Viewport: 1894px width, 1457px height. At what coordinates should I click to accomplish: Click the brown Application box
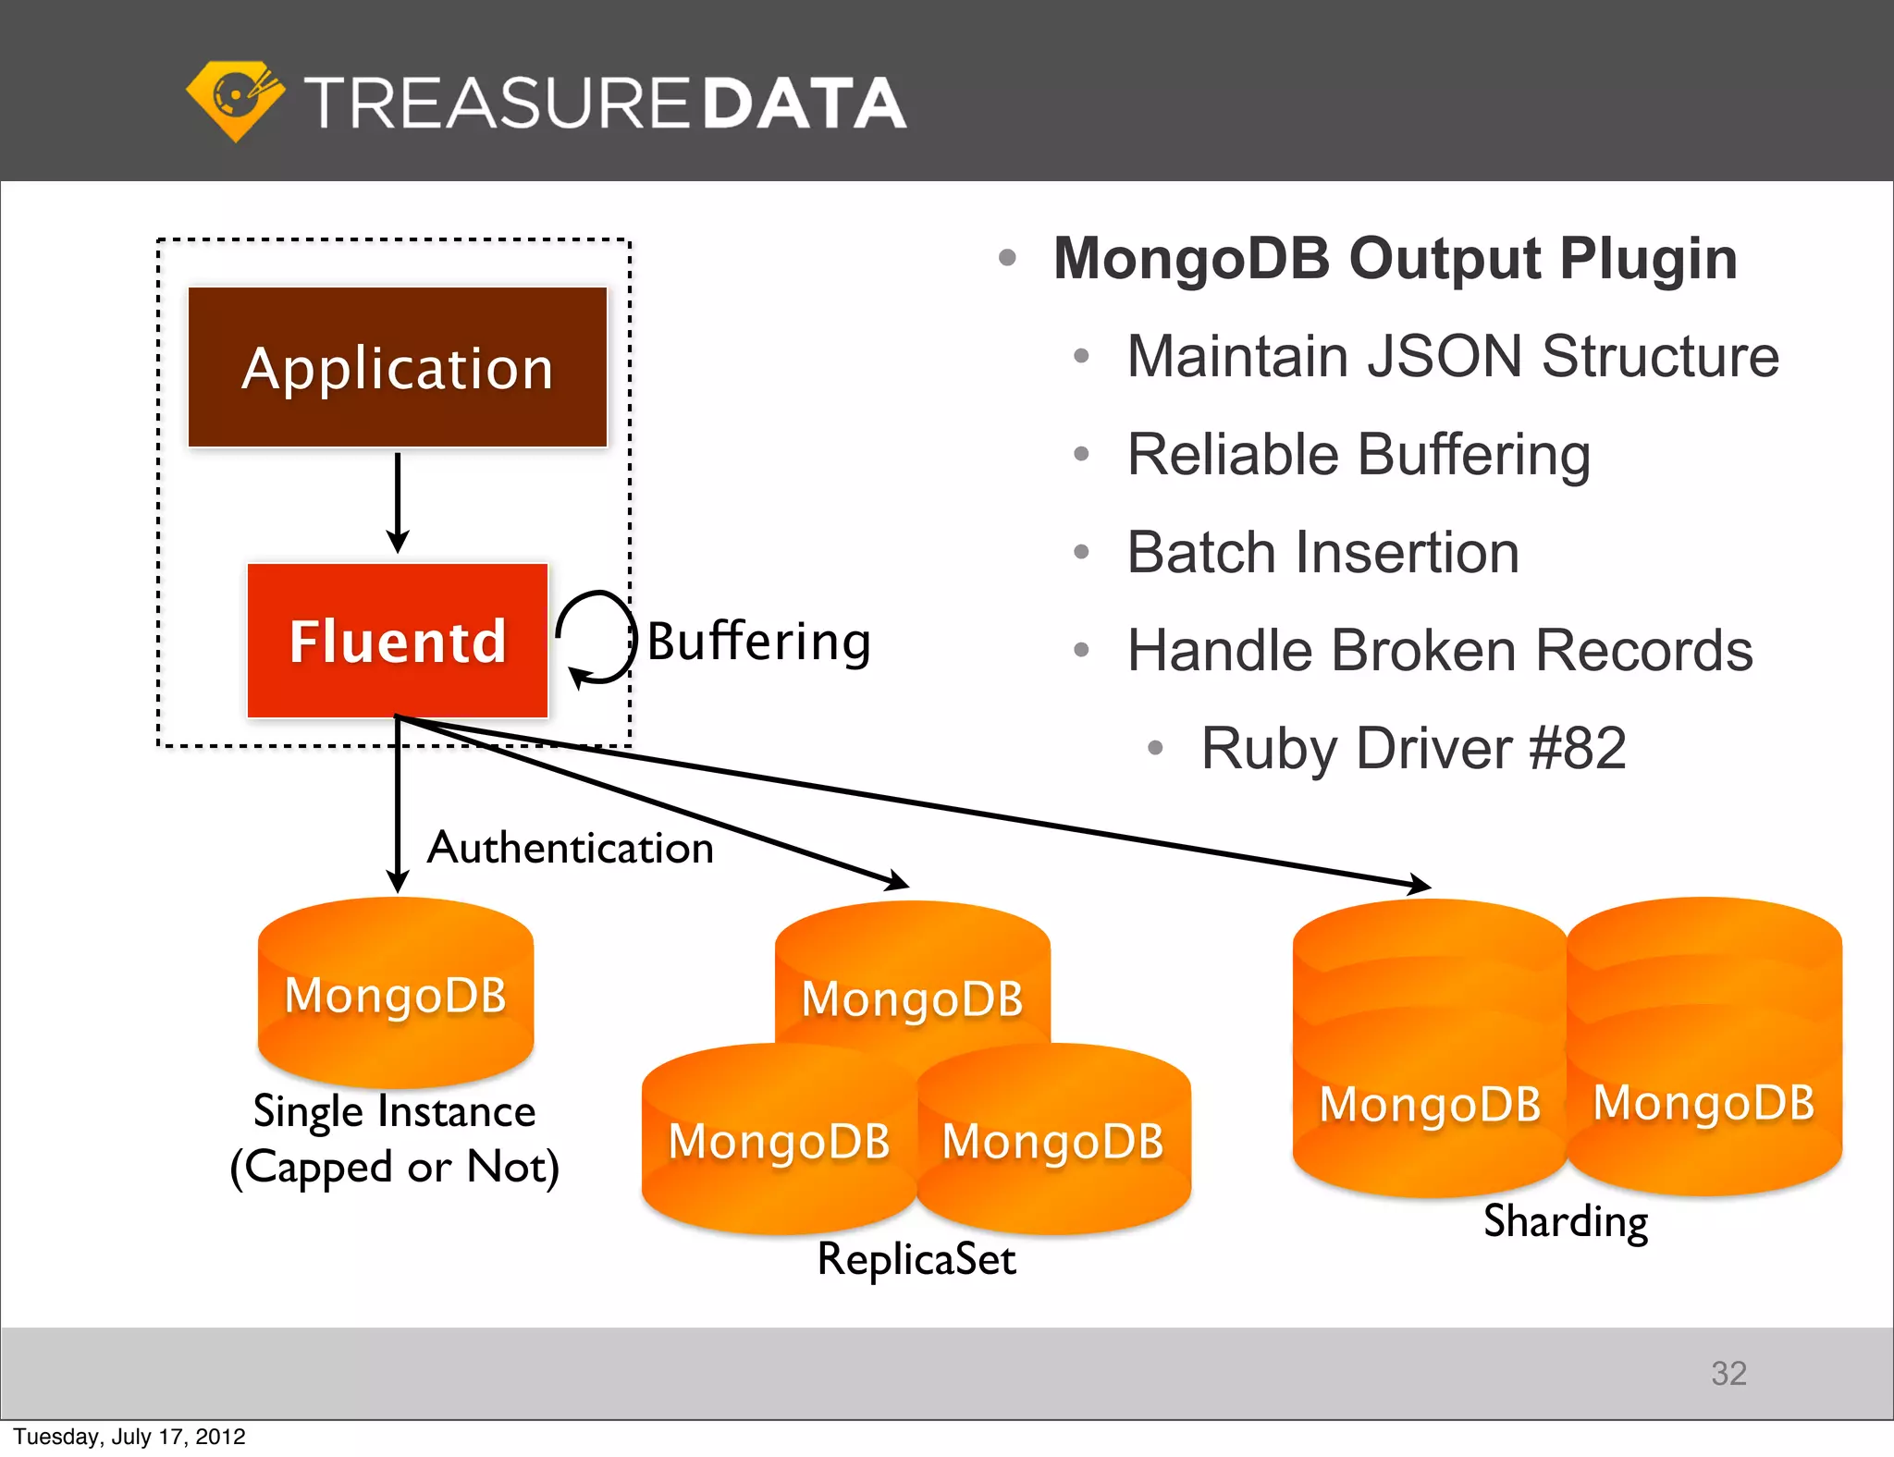(398, 367)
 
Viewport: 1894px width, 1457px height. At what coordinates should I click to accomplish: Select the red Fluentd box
(398, 641)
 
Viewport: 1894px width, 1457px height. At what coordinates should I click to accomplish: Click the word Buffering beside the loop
(758, 641)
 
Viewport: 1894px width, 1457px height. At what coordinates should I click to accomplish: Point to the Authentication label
(571, 848)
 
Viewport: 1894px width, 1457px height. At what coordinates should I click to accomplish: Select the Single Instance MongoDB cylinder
(396, 994)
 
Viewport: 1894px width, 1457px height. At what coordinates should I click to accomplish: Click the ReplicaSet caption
(916, 1259)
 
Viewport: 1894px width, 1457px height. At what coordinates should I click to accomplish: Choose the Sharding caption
(1566, 1221)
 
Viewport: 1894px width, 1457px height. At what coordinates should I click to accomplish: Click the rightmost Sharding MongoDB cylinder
(1704, 1063)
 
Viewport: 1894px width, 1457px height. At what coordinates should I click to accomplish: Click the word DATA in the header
(803, 104)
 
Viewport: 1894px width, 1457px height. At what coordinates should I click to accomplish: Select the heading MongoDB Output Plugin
(1395, 258)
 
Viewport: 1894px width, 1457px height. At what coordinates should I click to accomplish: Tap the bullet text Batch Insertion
(1322, 553)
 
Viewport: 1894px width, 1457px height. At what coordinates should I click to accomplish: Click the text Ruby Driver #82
(1413, 748)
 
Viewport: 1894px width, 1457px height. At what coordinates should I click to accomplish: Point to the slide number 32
(1728, 1373)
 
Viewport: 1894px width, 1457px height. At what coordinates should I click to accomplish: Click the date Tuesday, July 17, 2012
(129, 1437)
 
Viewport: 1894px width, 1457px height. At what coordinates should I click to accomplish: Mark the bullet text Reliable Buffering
(1359, 455)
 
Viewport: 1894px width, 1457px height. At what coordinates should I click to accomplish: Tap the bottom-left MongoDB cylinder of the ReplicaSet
(779, 1142)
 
